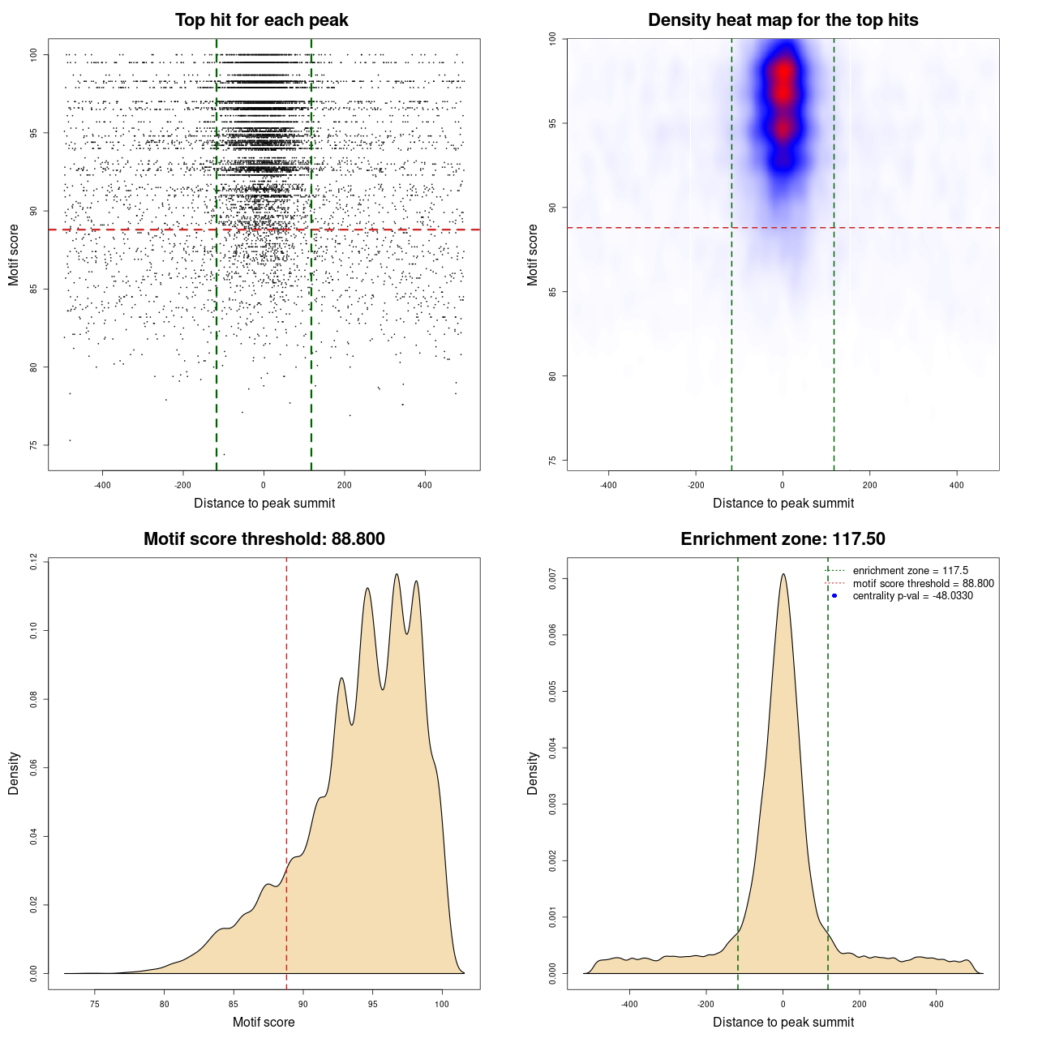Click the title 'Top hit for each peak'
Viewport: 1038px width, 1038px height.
(x=261, y=20)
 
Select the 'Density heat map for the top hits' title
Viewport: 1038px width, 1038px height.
(x=783, y=20)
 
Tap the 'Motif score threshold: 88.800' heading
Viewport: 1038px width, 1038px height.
(x=264, y=539)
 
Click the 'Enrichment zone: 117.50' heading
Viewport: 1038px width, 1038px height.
(x=783, y=539)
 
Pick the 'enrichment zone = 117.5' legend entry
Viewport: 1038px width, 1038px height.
(x=910, y=571)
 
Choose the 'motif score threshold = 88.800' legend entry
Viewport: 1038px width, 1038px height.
(x=923, y=584)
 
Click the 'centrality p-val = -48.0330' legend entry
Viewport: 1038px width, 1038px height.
(x=912, y=596)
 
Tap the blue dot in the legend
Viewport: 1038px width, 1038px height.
(x=834, y=596)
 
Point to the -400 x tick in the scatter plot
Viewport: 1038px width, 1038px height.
(x=102, y=486)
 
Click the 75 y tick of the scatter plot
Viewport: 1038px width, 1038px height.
(x=33, y=445)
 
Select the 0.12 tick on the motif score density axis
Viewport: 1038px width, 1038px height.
(x=33, y=561)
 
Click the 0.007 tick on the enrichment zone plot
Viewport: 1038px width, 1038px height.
(x=552, y=579)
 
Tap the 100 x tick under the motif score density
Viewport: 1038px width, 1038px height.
(x=441, y=1005)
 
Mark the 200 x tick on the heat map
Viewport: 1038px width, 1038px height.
(x=869, y=486)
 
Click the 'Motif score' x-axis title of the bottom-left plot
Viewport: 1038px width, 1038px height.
(x=264, y=1023)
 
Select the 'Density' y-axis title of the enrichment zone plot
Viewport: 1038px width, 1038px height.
(x=533, y=773)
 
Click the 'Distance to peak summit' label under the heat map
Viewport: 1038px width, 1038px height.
(x=783, y=504)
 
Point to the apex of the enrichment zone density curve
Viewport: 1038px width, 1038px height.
(x=783, y=574)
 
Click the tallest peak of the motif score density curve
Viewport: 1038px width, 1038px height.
(x=397, y=574)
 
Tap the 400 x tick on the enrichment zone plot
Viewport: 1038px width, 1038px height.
(x=936, y=1005)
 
